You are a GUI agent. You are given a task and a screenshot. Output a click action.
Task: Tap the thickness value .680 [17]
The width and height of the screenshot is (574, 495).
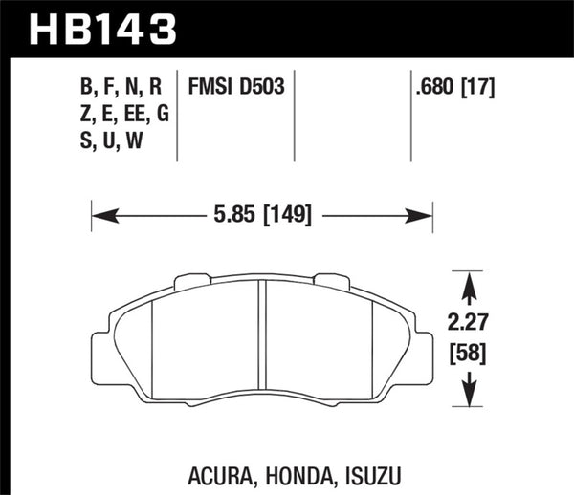(454, 89)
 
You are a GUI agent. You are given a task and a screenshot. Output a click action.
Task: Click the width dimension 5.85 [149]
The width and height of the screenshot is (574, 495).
(262, 215)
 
